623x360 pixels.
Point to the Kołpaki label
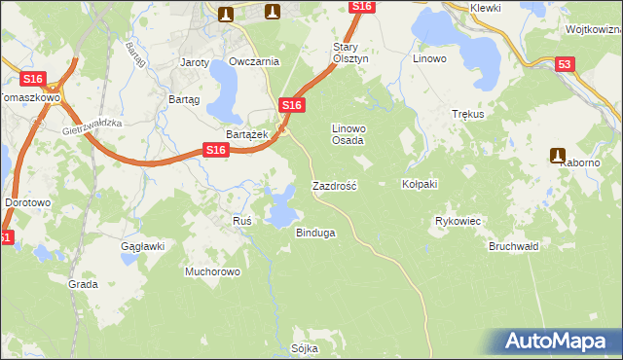[420, 184]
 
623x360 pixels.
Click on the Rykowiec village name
[458, 222]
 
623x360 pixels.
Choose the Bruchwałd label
[514, 246]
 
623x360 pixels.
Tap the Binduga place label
[315, 234]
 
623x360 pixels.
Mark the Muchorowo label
[212, 271]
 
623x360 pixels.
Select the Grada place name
[83, 284]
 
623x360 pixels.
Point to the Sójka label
[305, 347]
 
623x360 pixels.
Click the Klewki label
[485, 8]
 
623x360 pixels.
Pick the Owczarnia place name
[254, 61]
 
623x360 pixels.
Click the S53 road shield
[565, 65]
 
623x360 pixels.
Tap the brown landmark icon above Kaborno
[559, 154]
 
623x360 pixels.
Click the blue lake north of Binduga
[282, 206]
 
